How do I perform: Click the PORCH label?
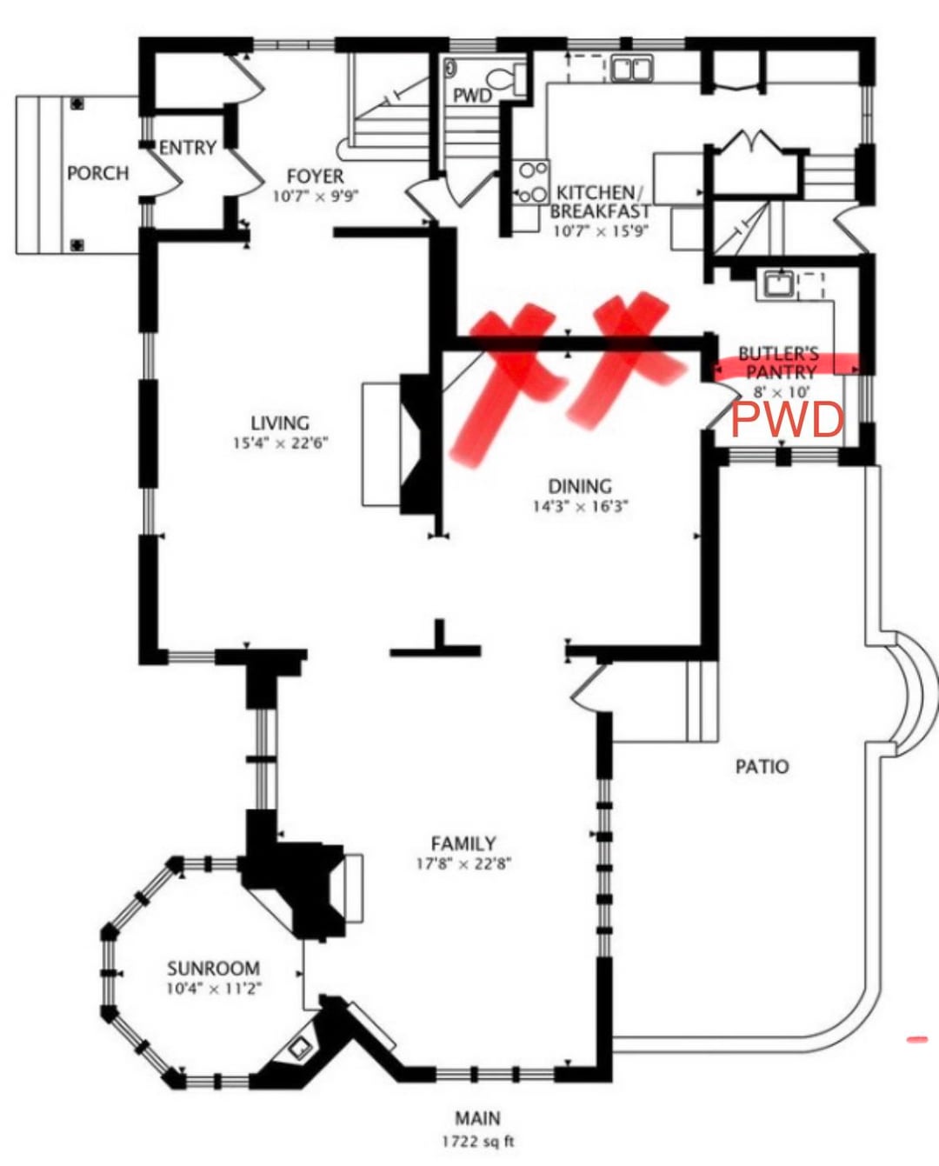click(97, 173)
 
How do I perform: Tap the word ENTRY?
click(187, 148)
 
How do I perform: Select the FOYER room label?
click(315, 177)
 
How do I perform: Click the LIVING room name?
click(280, 423)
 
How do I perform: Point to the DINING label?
click(579, 486)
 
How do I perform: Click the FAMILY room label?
click(463, 843)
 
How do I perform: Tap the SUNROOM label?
click(213, 968)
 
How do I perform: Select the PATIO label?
click(762, 766)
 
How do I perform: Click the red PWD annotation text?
click(787, 420)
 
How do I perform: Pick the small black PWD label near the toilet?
click(472, 95)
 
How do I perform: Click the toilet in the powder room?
click(504, 77)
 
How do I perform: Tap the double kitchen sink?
click(632, 68)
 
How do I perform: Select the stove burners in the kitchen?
click(529, 182)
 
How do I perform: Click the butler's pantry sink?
click(777, 283)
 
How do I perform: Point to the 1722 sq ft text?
click(477, 1141)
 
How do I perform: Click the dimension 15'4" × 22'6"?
click(280, 443)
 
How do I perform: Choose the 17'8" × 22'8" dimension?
click(463, 864)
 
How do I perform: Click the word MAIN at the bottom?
click(477, 1118)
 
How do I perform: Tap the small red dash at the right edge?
click(916, 1039)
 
